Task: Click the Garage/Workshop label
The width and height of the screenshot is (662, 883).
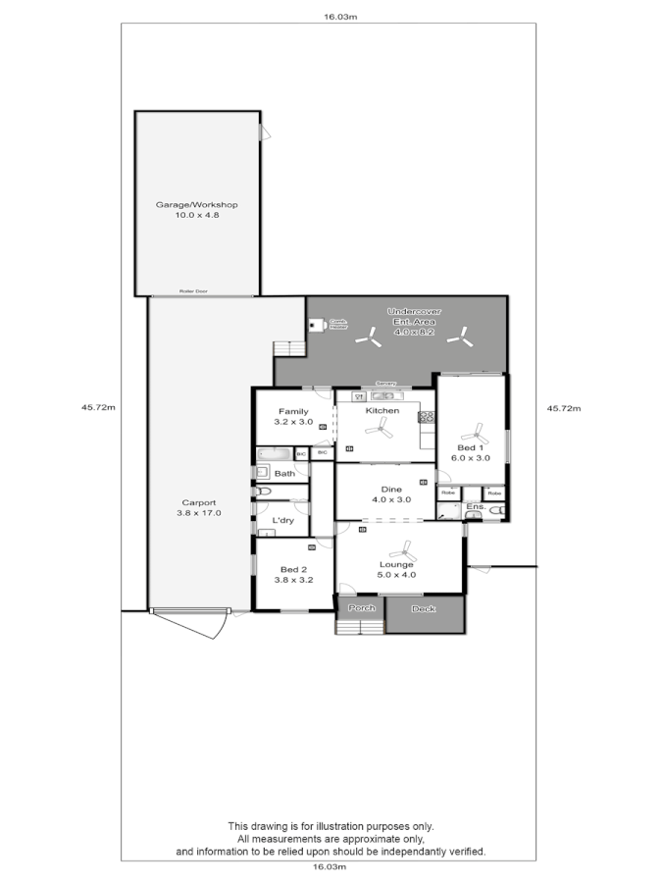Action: pos(197,209)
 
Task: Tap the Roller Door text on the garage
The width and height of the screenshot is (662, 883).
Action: pos(193,291)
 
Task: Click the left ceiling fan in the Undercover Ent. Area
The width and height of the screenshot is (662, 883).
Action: pos(370,338)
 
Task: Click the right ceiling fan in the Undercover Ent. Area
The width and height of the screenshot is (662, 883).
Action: pos(458,338)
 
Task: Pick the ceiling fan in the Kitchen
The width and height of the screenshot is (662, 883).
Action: pos(383,429)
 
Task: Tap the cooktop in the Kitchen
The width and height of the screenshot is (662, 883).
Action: pos(427,417)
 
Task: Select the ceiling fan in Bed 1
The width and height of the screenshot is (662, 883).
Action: pos(478,432)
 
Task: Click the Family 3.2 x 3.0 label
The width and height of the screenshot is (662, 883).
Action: pos(293,416)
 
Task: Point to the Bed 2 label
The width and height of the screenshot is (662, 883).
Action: pos(293,574)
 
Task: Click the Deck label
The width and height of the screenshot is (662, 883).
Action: pos(423,609)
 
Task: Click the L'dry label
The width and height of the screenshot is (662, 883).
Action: pos(283,520)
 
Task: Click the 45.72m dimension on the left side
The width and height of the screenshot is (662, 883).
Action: pos(100,407)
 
